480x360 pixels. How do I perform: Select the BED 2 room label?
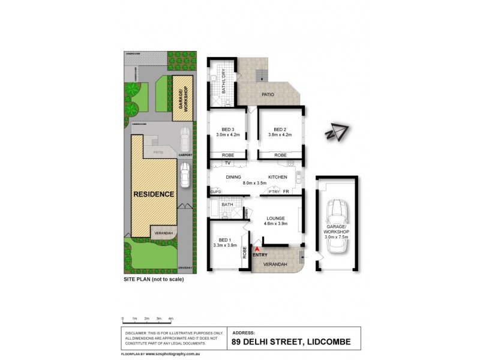point(280,129)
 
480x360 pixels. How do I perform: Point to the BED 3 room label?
point(228,129)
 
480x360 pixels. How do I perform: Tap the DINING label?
point(233,177)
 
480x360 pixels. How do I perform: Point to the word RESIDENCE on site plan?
point(154,194)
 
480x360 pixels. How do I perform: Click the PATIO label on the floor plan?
point(268,94)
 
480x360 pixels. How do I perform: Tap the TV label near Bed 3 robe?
point(227,163)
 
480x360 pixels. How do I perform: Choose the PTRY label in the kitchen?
point(274,191)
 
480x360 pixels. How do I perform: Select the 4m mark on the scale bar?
point(171,318)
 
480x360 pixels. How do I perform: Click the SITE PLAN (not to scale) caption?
point(153,280)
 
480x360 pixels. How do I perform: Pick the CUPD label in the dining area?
point(216,191)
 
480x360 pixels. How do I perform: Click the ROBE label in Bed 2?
point(280,155)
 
